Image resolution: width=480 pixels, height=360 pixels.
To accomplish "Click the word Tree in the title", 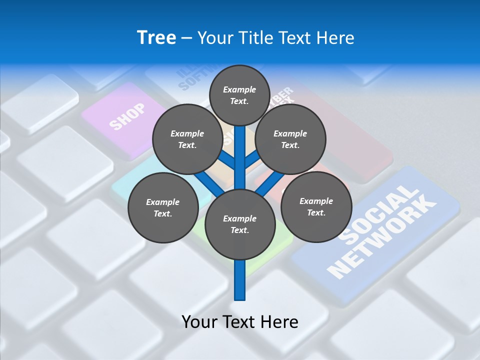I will (156, 38).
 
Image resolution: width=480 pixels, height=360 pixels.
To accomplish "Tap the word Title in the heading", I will (255, 38).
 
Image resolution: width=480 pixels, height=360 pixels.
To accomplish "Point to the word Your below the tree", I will (200, 322).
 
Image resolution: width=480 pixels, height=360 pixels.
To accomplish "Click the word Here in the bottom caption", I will (280, 322).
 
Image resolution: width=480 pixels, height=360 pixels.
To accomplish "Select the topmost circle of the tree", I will (239, 95).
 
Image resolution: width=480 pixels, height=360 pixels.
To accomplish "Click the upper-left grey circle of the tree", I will (187, 139).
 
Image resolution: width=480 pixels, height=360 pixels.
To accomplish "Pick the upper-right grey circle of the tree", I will (290, 139).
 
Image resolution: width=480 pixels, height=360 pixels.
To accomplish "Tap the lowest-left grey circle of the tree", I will (162, 207).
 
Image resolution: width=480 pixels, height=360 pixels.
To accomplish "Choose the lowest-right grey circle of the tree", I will (316, 206).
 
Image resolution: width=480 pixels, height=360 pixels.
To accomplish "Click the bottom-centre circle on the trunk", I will (239, 224).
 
